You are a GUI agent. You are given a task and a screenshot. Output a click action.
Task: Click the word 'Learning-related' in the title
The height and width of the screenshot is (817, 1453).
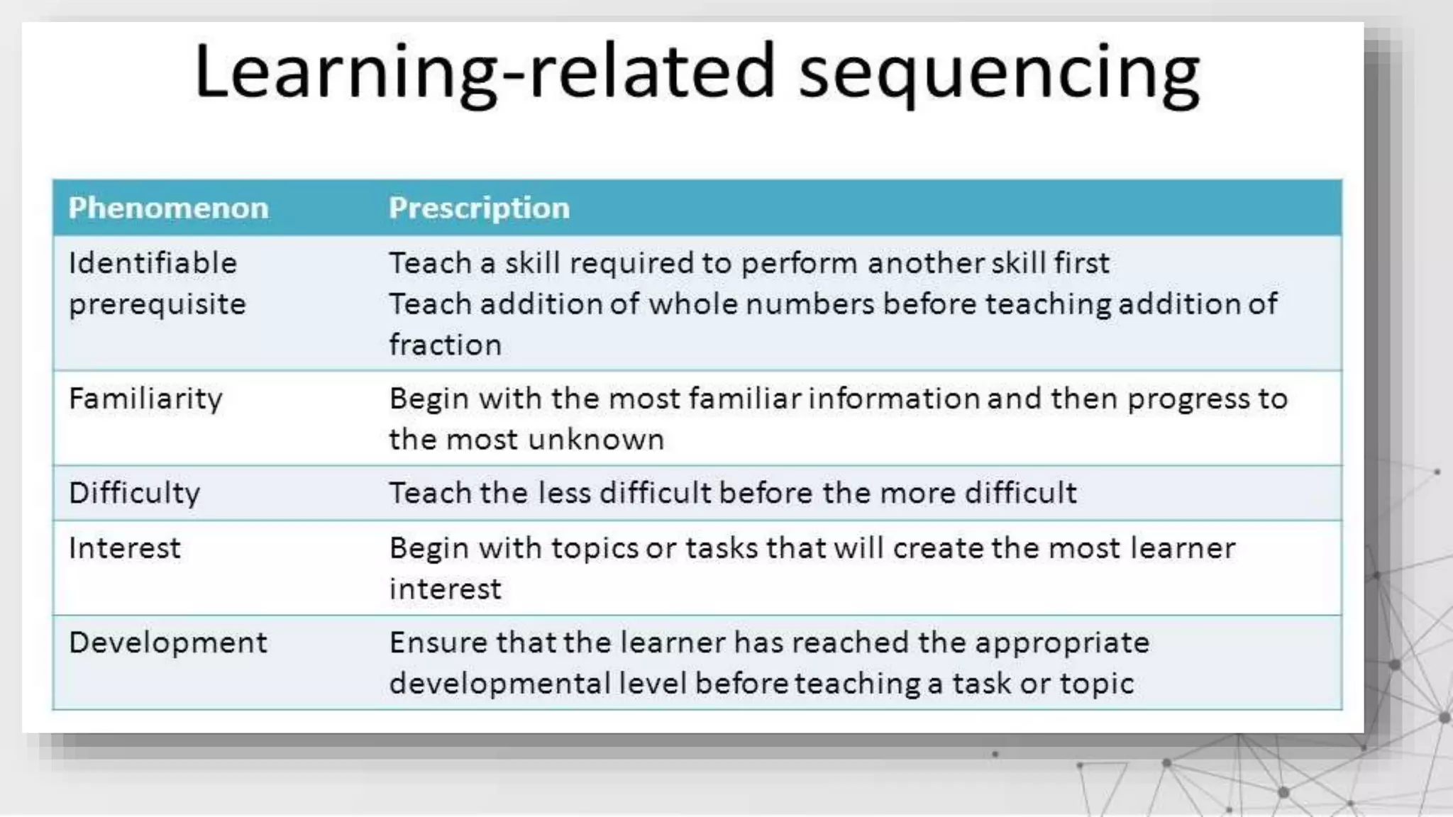point(485,73)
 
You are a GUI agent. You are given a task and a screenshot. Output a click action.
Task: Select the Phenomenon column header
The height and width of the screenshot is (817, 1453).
point(168,208)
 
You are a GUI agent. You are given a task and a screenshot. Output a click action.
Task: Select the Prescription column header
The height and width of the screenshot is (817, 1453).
point(479,208)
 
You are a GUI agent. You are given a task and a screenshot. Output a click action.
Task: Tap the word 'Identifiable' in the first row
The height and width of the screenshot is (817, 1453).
point(153,263)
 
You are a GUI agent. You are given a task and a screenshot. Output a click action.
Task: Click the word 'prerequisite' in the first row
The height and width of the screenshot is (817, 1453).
point(157,305)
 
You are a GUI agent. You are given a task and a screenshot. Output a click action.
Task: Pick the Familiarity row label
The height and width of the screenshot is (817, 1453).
point(145,399)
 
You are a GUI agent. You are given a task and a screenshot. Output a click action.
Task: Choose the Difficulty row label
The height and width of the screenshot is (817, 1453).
point(134,493)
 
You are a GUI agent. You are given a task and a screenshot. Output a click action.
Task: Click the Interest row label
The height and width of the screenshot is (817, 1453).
point(124,548)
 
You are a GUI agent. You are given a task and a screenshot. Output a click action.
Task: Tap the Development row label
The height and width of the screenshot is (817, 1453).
point(168,643)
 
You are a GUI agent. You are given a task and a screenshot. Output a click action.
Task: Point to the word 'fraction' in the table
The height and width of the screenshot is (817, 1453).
point(445,345)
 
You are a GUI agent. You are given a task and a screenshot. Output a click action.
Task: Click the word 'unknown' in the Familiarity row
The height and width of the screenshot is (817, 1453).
point(596,440)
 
